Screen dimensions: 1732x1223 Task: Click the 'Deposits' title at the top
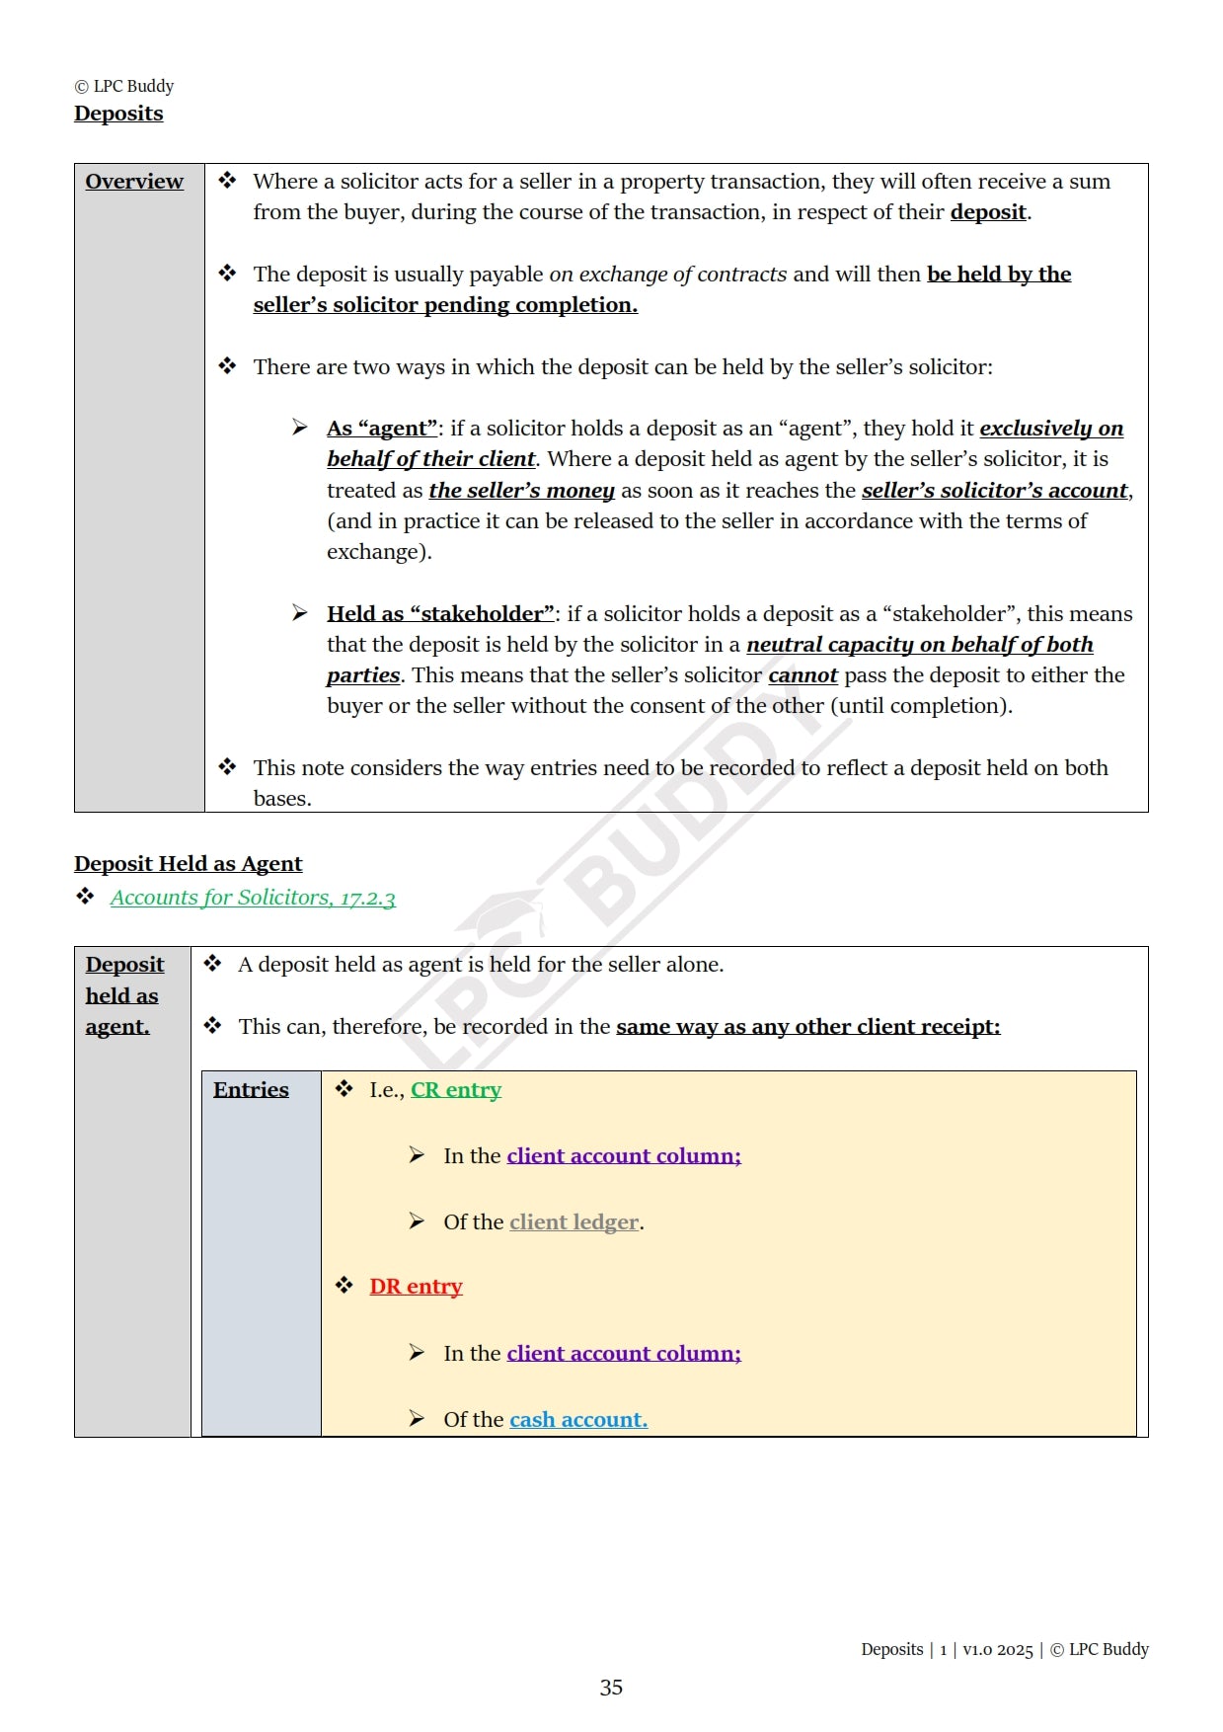point(118,114)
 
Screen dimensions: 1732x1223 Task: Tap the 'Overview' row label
point(134,182)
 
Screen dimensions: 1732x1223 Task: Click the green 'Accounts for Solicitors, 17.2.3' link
point(253,898)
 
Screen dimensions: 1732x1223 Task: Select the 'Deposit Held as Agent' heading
point(188,864)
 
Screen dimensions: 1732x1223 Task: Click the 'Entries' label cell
point(251,1090)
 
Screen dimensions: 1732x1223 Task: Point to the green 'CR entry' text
point(456,1090)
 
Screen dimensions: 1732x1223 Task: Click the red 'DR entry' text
point(416,1287)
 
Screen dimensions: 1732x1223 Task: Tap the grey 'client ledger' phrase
point(573,1222)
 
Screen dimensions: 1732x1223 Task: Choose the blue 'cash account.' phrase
point(578,1420)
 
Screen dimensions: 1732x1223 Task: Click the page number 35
point(611,1688)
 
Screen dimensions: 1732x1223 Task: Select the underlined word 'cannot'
point(803,675)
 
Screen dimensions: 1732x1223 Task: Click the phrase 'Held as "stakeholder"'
point(440,614)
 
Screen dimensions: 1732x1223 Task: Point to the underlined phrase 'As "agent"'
point(382,429)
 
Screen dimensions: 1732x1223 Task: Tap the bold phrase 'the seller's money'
point(521,491)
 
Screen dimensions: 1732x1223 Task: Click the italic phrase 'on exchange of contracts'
point(668,275)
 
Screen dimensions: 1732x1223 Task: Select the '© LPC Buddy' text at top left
point(124,86)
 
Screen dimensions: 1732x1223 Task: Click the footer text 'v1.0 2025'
point(997,1650)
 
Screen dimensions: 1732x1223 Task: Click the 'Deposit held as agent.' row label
point(124,995)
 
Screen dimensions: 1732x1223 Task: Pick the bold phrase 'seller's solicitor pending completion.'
point(445,305)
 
